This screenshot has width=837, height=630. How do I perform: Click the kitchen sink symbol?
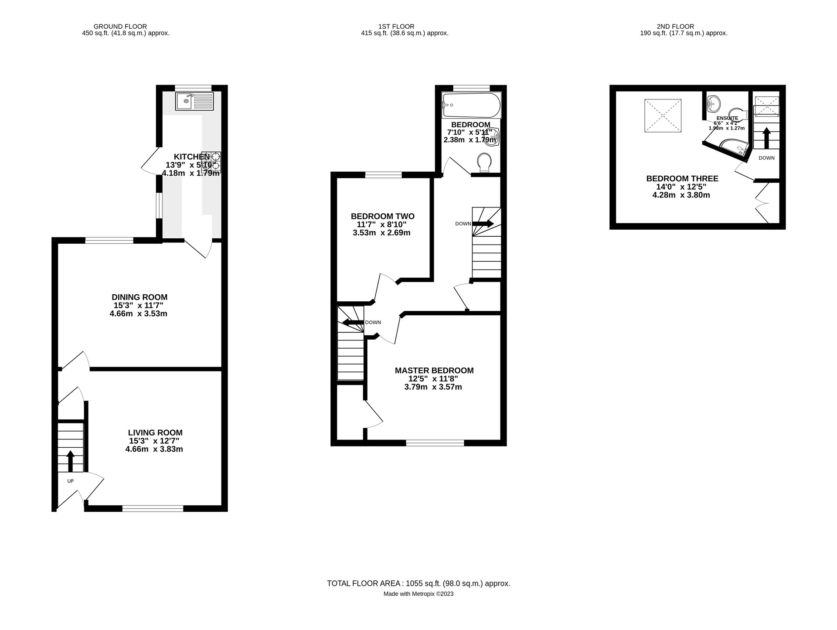pyautogui.click(x=194, y=101)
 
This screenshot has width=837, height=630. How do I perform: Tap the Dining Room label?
pyautogui.click(x=139, y=297)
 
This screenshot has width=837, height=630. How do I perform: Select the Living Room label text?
pyautogui.click(x=155, y=432)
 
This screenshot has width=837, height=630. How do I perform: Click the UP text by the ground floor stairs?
pyautogui.click(x=70, y=481)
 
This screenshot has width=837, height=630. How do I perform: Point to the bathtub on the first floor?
pyautogui.click(x=471, y=105)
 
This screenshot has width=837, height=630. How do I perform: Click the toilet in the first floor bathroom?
pyautogui.click(x=484, y=162)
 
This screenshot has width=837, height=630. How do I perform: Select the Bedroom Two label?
pyautogui.click(x=382, y=216)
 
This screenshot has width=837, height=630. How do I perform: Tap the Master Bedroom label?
pyautogui.click(x=434, y=371)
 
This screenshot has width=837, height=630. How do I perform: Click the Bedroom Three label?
pyautogui.click(x=682, y=178)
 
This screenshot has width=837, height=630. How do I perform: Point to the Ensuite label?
pyautogui.click(x=727, y=118)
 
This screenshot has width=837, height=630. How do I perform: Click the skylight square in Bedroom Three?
pyautogui.click(x=662, y=116)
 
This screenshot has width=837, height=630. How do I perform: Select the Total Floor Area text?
pyautogui.click(x=418, y=583)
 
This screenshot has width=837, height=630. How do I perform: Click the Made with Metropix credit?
pyautogui.click(x=418, y=594)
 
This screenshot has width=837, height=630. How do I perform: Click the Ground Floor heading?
pyautogui.click(x=120, y=27)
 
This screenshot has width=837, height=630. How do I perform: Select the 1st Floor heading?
pyautogui.click(x=396, y=27)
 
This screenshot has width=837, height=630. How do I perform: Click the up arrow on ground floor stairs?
pyautogui.click(x=70, y=461)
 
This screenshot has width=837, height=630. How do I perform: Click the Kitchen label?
pyautogui.click(x=192, y=157)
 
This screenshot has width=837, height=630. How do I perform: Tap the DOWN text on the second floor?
pyautogui.click(x=766, y=158)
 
